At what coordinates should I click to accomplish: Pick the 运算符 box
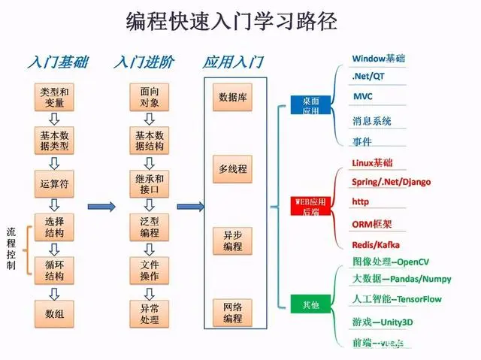pos(53,183)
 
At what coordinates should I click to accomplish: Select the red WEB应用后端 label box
pos(311,205)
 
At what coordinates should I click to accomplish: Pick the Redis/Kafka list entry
pos(376,245)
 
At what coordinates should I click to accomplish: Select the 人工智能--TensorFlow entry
pos(397,300)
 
